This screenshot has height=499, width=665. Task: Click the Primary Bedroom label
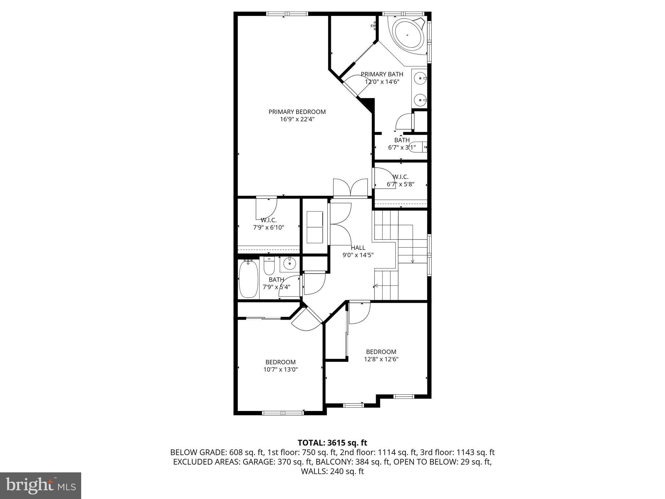coord(297,112)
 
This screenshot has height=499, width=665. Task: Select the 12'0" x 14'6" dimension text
coord(382,82)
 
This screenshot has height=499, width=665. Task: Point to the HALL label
coord(358,248)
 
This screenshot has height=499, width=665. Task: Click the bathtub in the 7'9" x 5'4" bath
coord(248,279)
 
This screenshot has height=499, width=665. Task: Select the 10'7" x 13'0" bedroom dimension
coord(281,369)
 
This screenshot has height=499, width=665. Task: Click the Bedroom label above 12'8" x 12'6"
coord(381,352)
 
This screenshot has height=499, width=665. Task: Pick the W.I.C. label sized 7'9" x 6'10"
coord(269,220)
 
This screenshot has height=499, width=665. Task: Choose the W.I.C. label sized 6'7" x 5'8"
coord(400,177)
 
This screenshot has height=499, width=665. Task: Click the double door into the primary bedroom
coord(350,188)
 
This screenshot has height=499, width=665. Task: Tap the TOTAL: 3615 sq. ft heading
coord(332,442)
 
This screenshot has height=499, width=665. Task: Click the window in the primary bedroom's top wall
coord(287,14)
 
